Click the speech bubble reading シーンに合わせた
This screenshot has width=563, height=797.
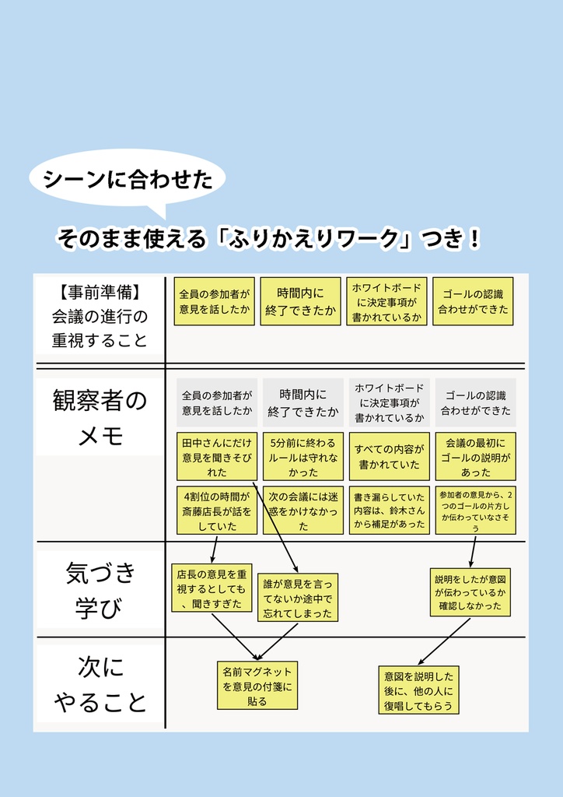128,180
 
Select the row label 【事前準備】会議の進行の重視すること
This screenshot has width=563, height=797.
100,316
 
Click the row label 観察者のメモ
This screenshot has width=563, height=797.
100,418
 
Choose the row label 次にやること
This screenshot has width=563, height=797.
100,684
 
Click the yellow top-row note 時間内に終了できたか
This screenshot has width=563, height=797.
301,301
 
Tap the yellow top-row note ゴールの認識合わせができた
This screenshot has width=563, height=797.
473,301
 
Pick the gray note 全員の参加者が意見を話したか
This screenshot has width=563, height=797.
217,402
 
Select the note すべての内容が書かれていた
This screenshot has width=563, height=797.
389,457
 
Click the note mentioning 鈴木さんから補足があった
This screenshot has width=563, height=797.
389,511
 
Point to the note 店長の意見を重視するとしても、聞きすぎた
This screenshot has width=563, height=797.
210,588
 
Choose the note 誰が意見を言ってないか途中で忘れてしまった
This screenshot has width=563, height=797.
298,598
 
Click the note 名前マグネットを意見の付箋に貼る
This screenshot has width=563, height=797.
257,685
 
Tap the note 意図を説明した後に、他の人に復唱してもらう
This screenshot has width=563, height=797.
418,690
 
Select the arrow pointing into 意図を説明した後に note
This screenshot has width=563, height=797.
443,641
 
